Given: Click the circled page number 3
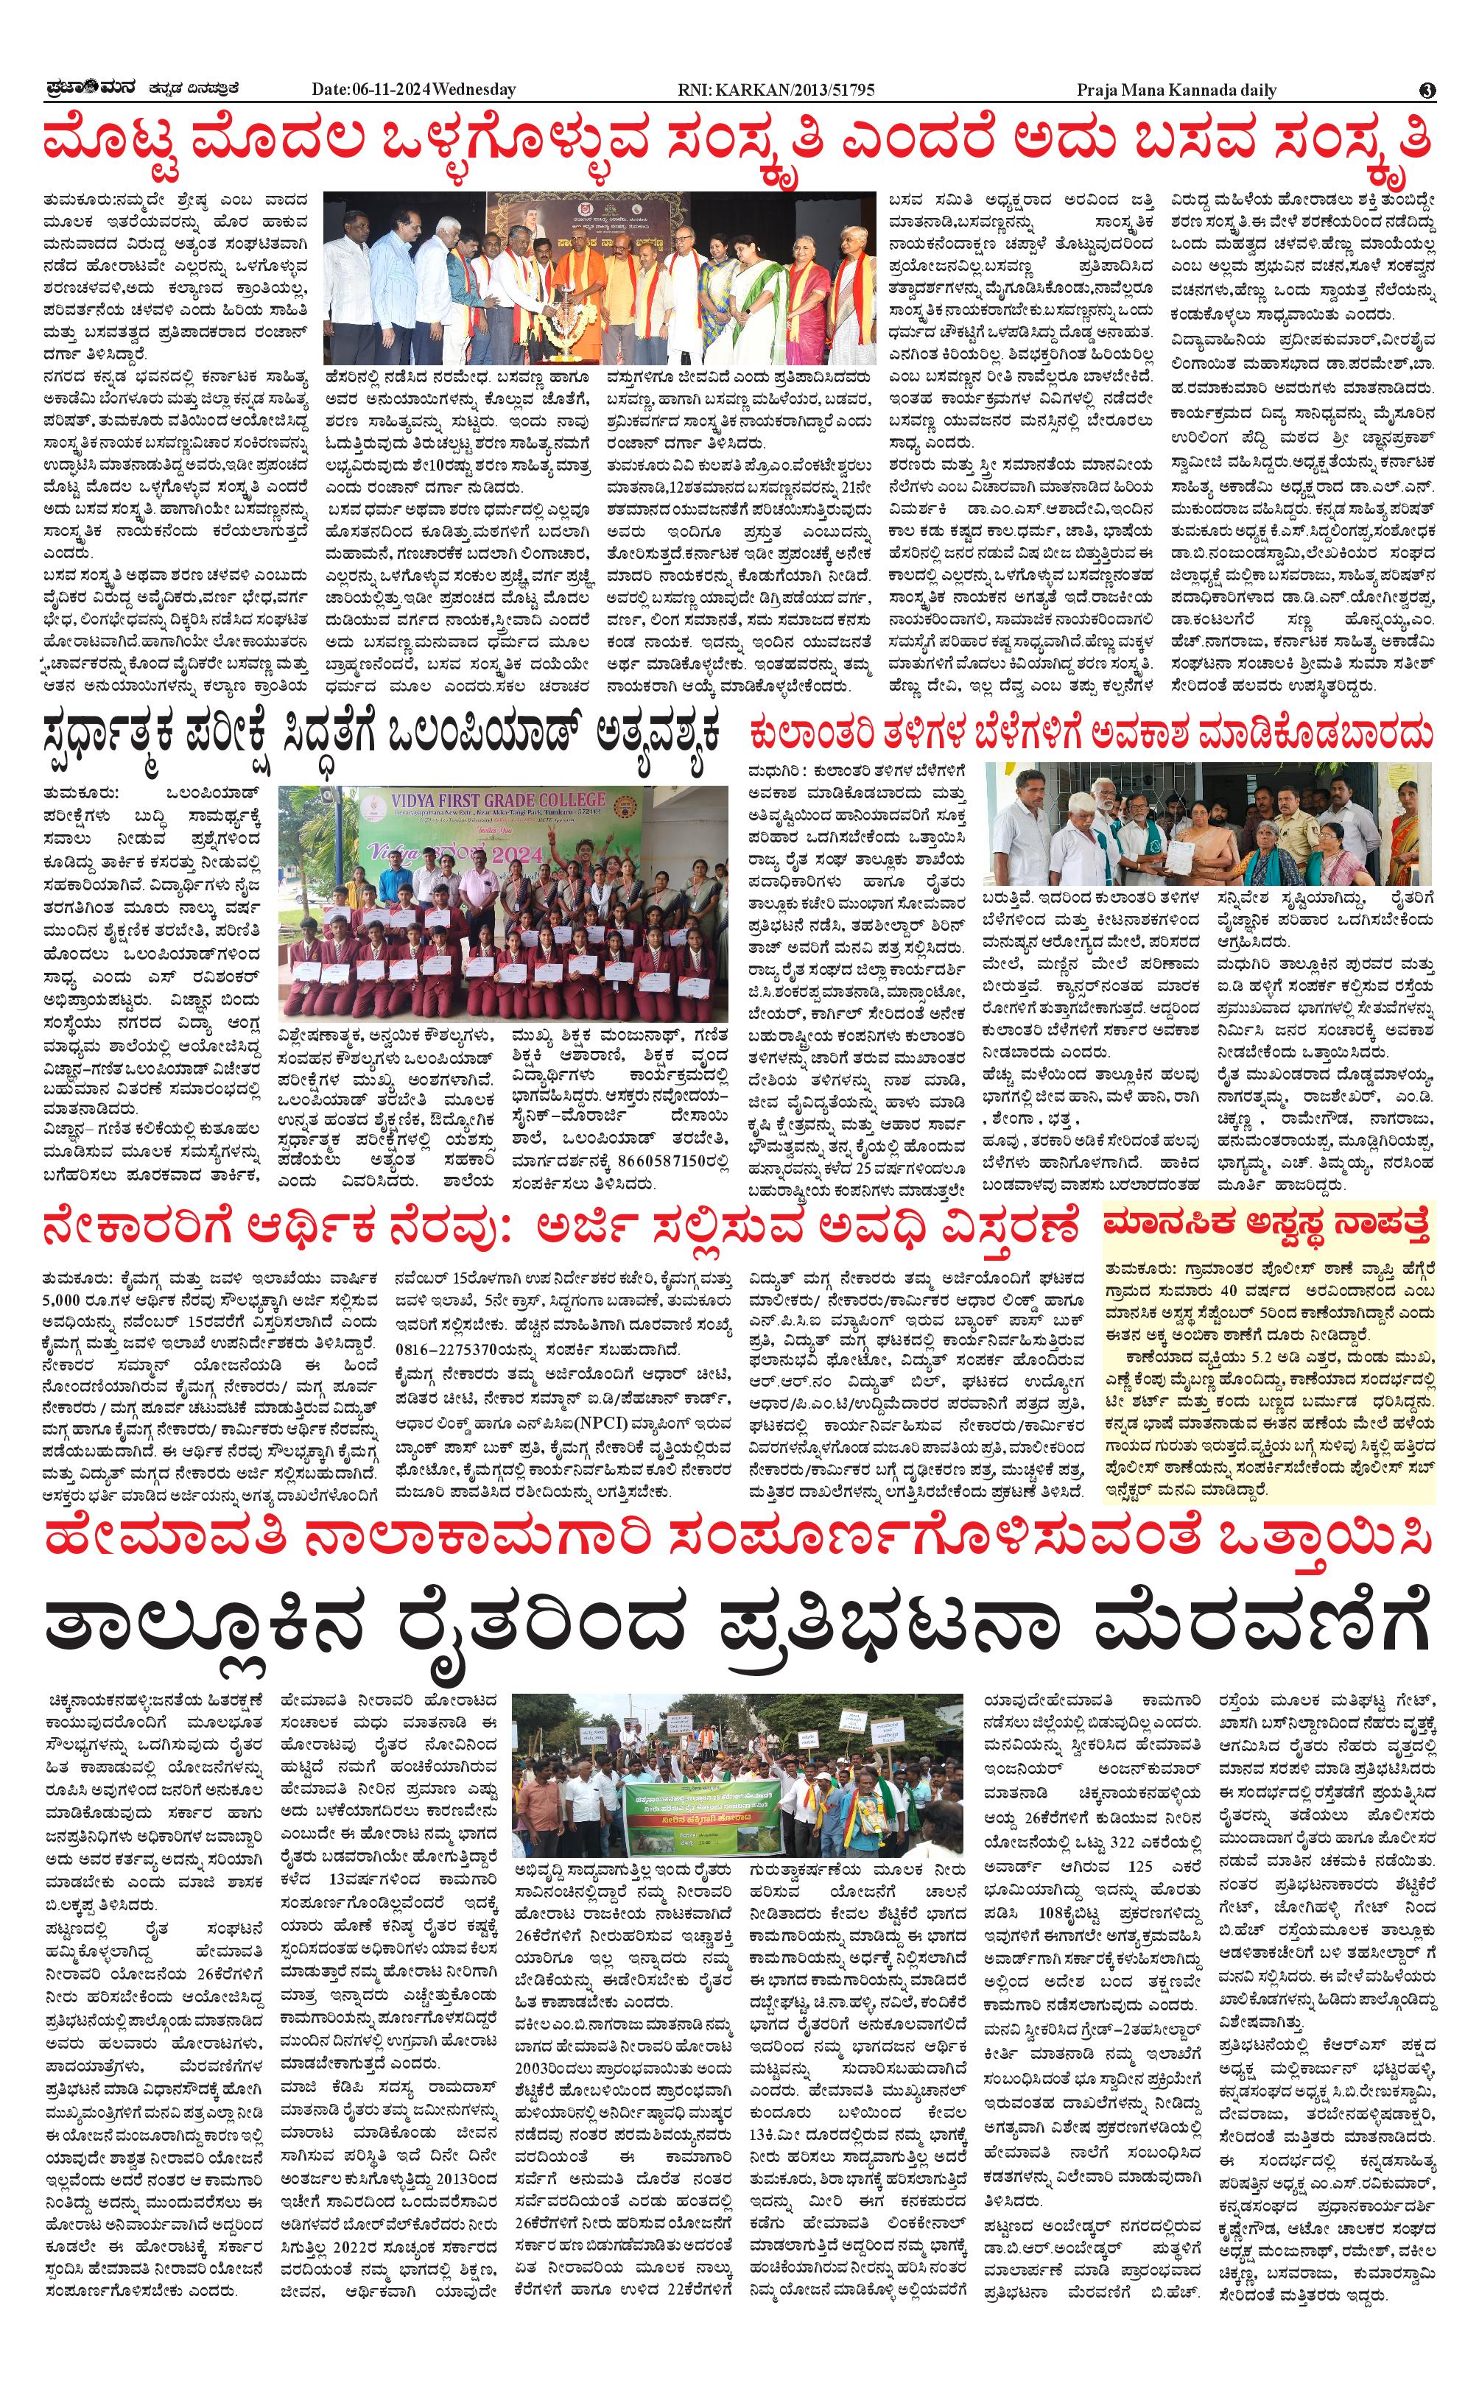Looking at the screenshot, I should pyautogui.click(x=1427, y=90).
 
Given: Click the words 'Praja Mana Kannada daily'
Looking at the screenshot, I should pyautogui.click(x=1177, y=90).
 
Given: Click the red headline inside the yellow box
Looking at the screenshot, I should pyautogui.click(x=1268, y=1222).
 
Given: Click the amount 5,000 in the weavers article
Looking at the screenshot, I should pyautogui.click(x=66, y=1300).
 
